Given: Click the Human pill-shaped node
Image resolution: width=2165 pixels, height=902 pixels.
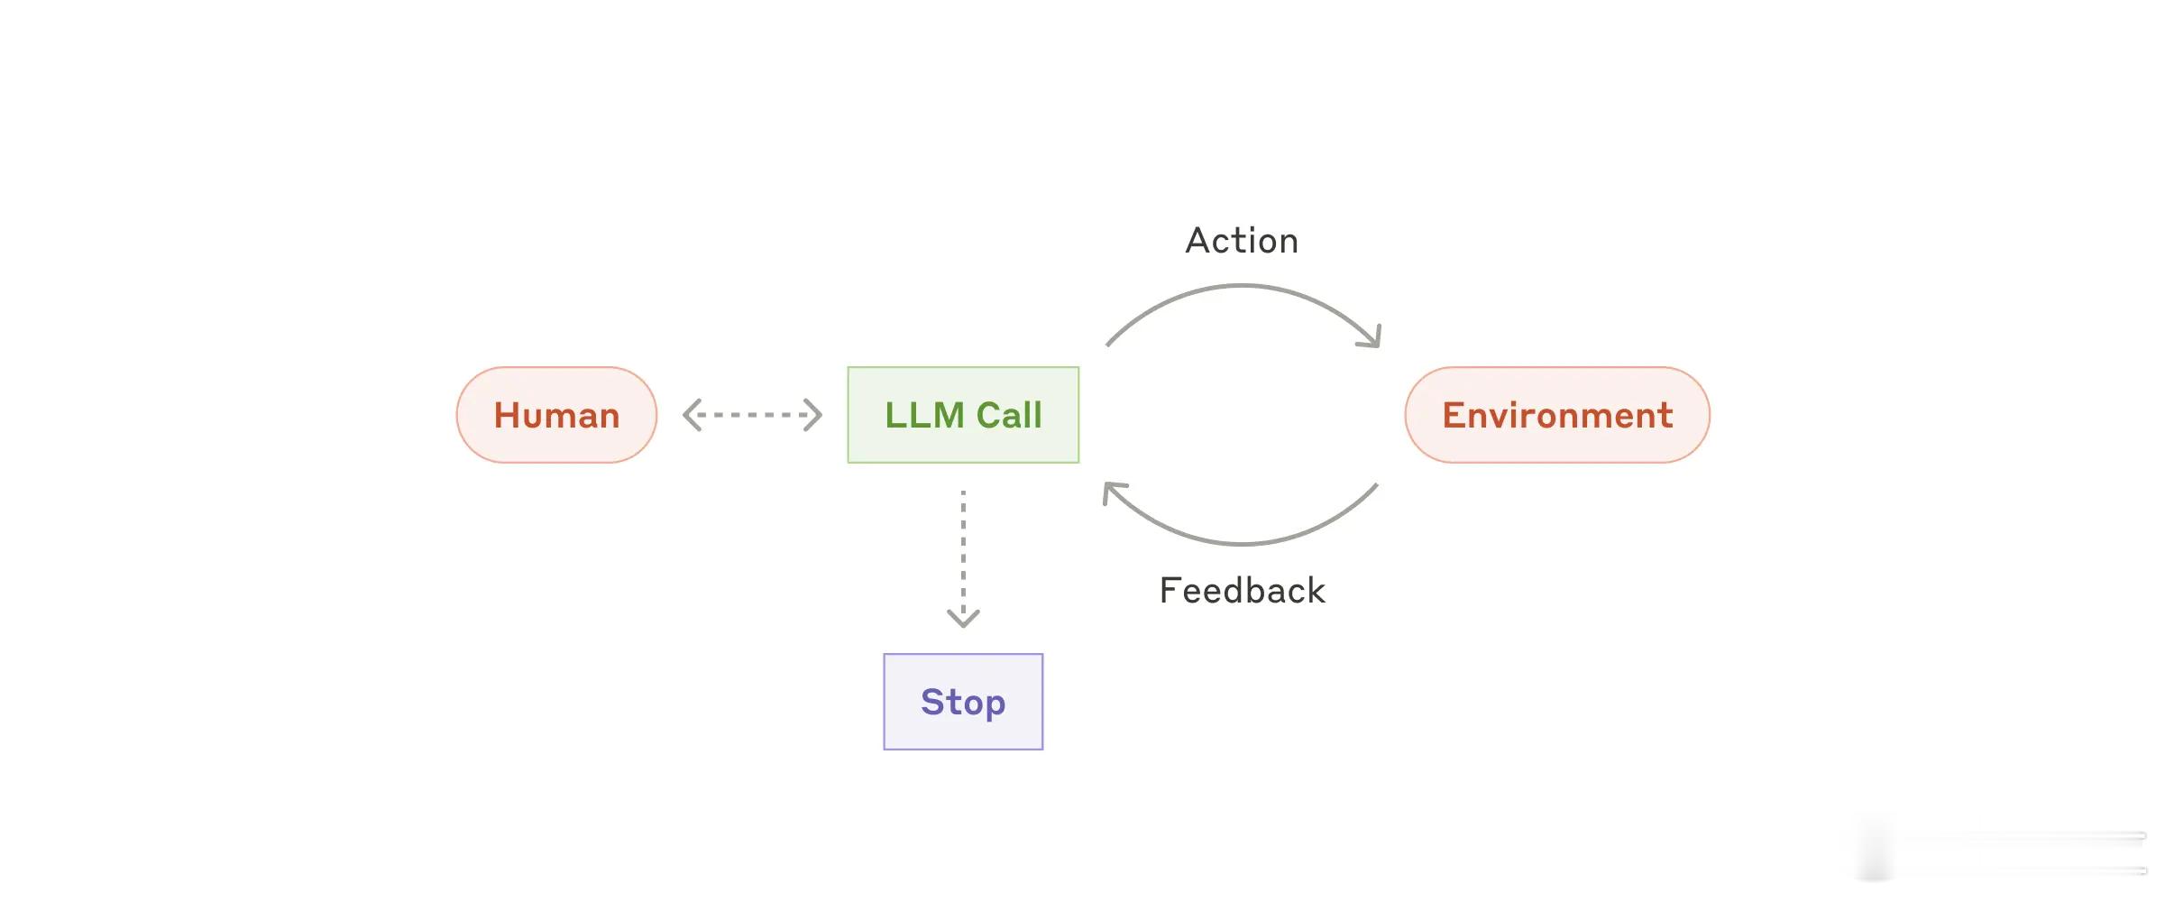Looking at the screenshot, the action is [x=556, y=415].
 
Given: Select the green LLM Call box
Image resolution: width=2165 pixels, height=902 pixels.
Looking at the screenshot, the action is [x=963, y=415].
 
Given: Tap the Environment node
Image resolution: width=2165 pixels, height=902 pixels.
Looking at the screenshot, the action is [x=1557, y=415].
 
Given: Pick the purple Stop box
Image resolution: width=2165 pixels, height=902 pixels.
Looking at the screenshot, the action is [x=963, y=702].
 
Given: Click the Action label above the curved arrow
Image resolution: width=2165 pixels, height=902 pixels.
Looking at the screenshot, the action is [x=1242, y=241].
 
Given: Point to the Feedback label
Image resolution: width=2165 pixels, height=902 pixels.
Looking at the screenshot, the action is [x=1242, y=591].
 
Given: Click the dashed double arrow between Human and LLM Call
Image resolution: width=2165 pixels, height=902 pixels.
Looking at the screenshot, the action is [x=752, y=415].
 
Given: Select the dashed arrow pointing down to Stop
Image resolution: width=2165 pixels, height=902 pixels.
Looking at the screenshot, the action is [x=963, y=559].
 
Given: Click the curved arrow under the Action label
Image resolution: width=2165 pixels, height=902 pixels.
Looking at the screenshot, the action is [x=1243, y=286].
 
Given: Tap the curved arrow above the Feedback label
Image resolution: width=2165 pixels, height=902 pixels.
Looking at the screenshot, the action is [x=1243, y=544].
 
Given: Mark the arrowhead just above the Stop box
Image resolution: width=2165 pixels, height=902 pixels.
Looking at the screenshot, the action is [x=963, y=620].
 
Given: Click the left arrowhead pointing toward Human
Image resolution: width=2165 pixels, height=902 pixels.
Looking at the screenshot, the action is [x=692, y=415].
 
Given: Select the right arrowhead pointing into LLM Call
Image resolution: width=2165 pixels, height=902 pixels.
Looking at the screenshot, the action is [x=813, y=415].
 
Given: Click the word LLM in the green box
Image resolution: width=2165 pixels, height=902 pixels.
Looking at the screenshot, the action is [x=924, y=415].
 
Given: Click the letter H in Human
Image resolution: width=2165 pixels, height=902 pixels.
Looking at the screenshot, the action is [x=507, y=415].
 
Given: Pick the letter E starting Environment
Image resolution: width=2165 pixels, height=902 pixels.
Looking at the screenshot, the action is [x=1454, y=415].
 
